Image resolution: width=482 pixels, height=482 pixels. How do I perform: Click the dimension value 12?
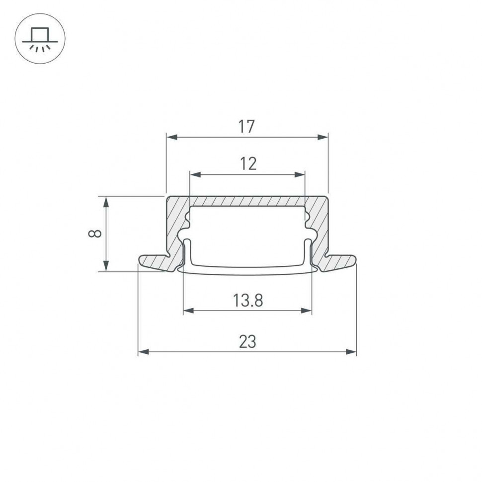tap(247, 163)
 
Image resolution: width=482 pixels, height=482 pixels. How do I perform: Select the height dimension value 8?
tap(96, 233)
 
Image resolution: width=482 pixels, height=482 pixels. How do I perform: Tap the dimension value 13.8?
tap(247, 300)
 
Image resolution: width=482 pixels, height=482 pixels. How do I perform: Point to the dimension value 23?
tap(247, 342)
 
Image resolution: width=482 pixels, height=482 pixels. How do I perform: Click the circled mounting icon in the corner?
tap(40, 39)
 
